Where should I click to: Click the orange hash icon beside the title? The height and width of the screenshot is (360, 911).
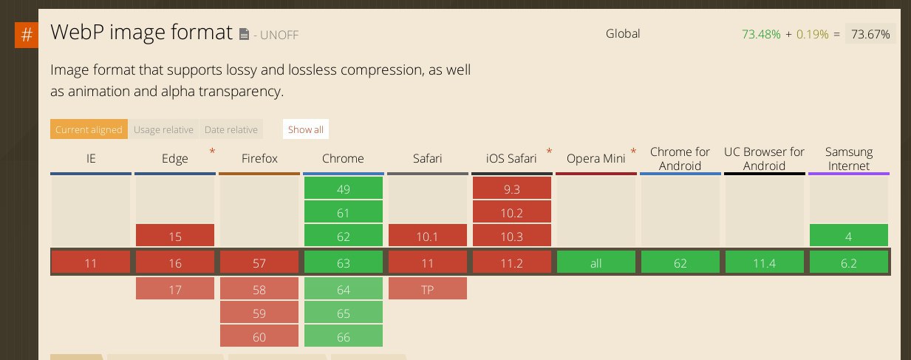[x=27, y=35]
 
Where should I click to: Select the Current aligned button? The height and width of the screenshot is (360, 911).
[x=89, y=129]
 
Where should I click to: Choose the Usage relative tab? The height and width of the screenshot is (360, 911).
[x=163, y=129]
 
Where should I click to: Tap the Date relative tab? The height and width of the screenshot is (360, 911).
[x=231, y=129]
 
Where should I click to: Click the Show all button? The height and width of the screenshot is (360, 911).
[x=306, y=129]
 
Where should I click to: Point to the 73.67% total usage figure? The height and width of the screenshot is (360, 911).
[x=870, y=34]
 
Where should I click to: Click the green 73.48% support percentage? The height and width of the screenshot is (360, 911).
[x=761, y=34]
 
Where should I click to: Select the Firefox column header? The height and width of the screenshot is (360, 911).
[x=259, y=158]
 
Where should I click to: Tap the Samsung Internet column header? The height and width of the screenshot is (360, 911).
[x=849, y=159]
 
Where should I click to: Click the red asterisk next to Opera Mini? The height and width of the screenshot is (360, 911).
[x=633, y=152]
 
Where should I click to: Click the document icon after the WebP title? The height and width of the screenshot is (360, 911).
[x=244, y=34]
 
